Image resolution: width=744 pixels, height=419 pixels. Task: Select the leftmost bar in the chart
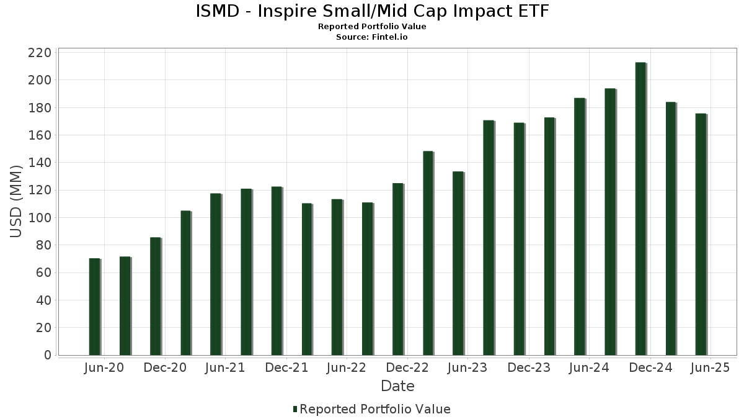point(94,307)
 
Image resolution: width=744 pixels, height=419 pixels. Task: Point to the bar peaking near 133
point(458,263)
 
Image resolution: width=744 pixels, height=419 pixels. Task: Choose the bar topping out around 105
point(185,283)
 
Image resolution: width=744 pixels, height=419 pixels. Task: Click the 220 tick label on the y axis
point(39,53)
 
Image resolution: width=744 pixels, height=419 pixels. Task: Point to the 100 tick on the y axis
point(39,218)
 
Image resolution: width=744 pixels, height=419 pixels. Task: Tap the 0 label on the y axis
point(47,355)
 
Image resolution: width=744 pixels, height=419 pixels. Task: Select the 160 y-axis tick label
point(39,135)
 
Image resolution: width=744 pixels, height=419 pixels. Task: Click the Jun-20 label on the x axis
point(104,368)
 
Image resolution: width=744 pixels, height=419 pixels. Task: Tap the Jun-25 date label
point(710,368)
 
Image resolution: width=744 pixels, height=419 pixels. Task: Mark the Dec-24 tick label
point(650,368)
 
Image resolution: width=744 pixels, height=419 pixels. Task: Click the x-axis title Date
point(397,386)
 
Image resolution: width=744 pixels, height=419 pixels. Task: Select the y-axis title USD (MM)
point(17,202)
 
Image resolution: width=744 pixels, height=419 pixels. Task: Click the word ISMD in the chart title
point(216,11)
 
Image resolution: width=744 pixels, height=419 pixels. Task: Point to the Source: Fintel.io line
point(372,37)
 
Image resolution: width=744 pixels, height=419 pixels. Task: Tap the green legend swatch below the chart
point(295,409)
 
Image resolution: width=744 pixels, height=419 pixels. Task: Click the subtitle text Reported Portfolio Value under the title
point(372,27)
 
